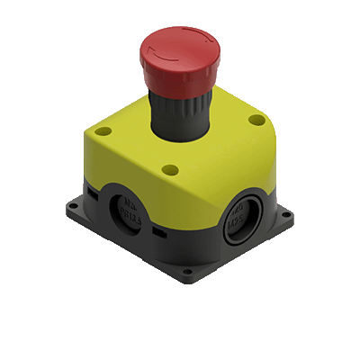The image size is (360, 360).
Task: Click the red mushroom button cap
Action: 179,49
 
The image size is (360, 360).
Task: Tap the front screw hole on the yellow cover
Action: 170,168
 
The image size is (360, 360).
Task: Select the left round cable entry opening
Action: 127,212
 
